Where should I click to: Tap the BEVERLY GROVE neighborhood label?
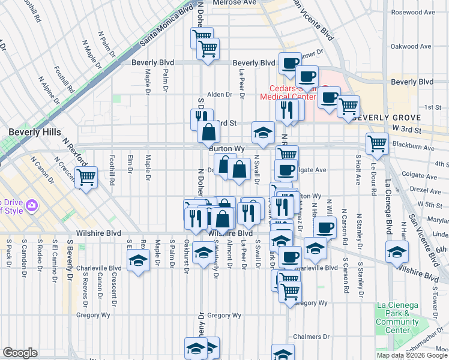pyautogui.click(x=387, y=117)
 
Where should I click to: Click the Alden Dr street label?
pyautogui.click(x=219, y=94)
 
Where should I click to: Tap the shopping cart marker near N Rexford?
pyautogui.click(x=86, y=176)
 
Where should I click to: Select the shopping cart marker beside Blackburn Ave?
pyautogui.click(x=377, y=143)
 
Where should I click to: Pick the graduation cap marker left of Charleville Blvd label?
pyautogui.click(x=137, y=260)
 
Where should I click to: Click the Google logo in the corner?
pyautogui.click(x=20, y=353)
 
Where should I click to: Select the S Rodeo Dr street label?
pyautogui.click(x=39, y=259)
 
